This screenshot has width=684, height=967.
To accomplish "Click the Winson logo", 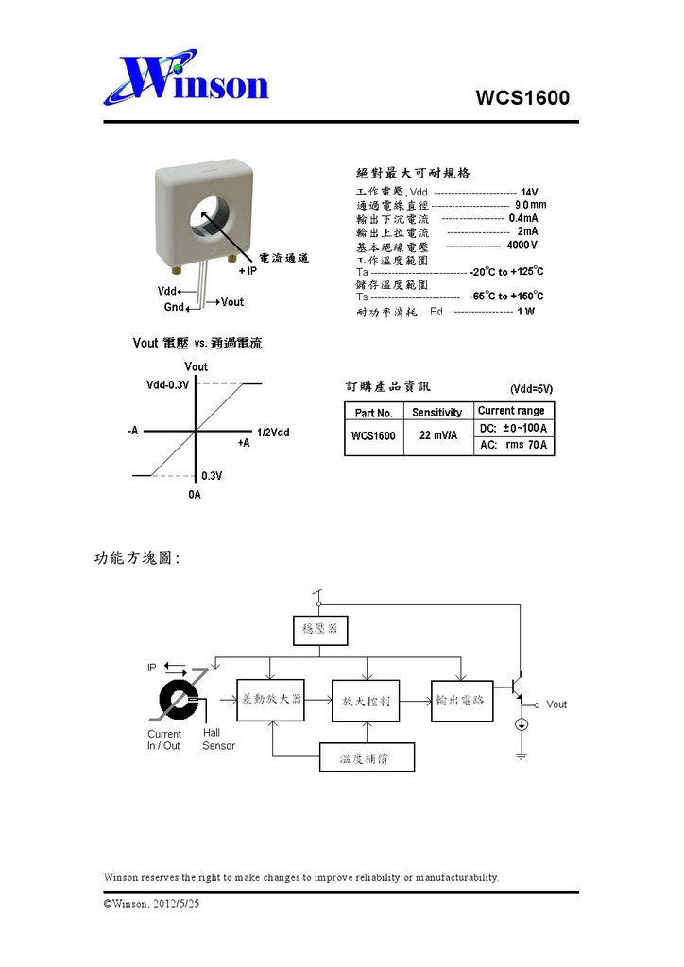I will coord(187,80).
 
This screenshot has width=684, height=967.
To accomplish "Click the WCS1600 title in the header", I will coord(522,98).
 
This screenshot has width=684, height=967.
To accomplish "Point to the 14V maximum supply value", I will coord(529,192).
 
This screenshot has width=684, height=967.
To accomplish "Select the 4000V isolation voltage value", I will coord(522,246).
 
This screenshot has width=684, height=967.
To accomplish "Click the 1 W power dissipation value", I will coord(525,312).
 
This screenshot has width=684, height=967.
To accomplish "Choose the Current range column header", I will coord(511,411).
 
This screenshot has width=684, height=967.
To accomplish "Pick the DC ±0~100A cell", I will coord(513,429).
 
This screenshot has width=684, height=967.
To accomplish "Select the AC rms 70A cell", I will coord(513,446).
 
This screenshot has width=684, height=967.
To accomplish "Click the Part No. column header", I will coord(373,413).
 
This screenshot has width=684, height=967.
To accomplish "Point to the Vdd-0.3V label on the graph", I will coord(168,384).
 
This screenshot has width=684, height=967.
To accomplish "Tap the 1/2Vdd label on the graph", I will coord(273,432).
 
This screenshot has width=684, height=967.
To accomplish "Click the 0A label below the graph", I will coord(195,494).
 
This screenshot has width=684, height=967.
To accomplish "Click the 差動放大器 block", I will coord(270,700).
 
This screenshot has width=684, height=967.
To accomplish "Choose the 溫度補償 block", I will coord(367,757).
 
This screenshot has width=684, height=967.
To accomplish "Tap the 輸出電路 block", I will coord(461,700).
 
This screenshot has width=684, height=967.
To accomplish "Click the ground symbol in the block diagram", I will coord(521,755).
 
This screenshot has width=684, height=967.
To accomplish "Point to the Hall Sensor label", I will coord(218,739).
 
